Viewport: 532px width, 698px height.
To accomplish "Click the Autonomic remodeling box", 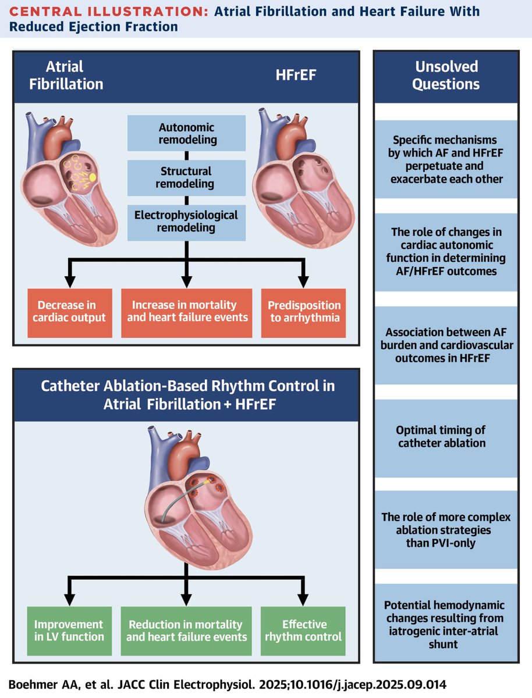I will (186, 133).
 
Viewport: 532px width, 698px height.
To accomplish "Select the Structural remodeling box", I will (186, 178).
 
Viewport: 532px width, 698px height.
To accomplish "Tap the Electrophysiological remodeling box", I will (186, 221).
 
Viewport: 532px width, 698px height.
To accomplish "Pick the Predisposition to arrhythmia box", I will (304, 311).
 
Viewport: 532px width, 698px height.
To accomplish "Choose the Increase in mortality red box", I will (186, 311).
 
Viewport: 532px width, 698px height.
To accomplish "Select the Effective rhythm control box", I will (304, 631).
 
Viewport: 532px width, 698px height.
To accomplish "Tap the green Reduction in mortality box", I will (186, 631).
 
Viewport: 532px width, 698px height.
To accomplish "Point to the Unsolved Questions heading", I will (445, 75).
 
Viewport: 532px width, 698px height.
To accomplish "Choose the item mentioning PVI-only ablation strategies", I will (445, 530).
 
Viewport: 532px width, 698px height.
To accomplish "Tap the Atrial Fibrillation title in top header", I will (66, 75).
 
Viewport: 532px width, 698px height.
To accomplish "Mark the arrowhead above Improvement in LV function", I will (69, 600).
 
